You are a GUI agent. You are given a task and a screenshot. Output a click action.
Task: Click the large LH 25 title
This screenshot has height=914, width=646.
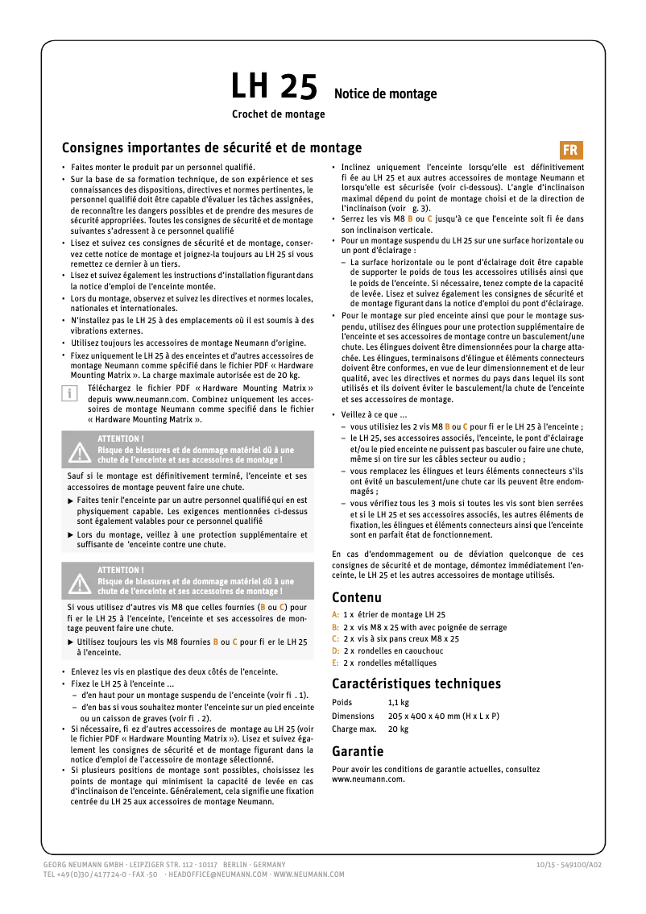point(274,86)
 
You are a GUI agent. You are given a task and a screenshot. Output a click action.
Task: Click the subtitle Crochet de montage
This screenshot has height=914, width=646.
point(278,114)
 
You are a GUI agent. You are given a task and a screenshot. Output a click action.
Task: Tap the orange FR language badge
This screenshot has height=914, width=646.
point(570,151)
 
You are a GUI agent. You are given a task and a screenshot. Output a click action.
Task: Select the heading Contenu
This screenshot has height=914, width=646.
point(356,597)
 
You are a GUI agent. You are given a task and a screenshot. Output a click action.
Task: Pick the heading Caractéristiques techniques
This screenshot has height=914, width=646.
point(416,683)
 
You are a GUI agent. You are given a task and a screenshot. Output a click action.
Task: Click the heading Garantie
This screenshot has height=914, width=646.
point(358,751)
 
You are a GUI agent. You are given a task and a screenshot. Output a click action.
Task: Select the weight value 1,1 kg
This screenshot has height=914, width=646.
point(399,703)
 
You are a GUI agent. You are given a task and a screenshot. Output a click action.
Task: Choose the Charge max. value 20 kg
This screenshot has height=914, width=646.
point(398,729)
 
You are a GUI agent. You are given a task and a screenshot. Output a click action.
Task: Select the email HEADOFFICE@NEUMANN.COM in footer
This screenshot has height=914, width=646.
point(216,874)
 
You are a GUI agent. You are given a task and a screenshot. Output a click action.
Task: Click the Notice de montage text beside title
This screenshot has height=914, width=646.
point(385,94)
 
